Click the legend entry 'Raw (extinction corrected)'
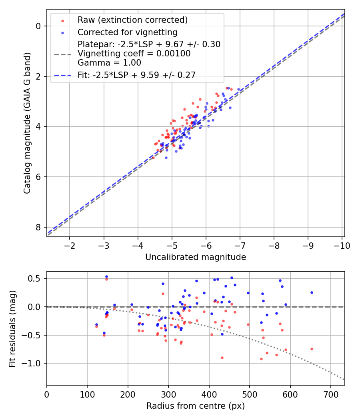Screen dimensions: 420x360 click(x=132, y=20)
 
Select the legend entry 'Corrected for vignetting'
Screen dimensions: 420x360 click(x=127, y=32)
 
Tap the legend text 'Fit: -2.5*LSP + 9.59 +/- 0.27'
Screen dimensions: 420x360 click(x=136, y=75)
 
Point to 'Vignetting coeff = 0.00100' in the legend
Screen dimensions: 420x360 click(x=134, y=54)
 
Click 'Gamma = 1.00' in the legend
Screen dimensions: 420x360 click(x=109, y=63)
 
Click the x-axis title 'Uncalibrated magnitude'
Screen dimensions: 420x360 click(x=196, y=257)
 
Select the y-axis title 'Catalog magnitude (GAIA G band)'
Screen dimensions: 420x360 click(x=27, y=123)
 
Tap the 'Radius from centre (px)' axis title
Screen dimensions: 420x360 click(x=196, y=406)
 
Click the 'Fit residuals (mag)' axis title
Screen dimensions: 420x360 click(x=13, y=328)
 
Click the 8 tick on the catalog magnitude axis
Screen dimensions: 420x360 click(x=38, y=227)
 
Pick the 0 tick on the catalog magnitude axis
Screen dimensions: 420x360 click(x=38, y=26)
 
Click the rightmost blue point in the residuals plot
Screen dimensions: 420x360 click(x=312, y=292)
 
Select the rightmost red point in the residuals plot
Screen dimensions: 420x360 click(x=312, y=349)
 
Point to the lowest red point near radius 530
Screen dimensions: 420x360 click(x=261, y=359)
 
